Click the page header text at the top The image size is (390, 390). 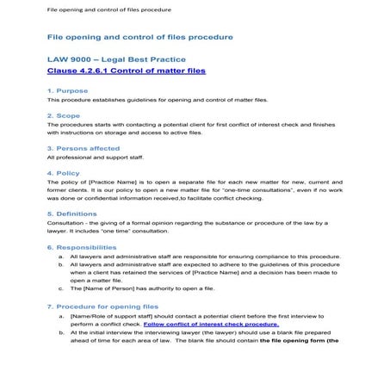tap(96, 9)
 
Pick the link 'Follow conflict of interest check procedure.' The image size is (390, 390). tap(211, 325)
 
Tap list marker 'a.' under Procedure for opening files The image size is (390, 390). tap(61, 316)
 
